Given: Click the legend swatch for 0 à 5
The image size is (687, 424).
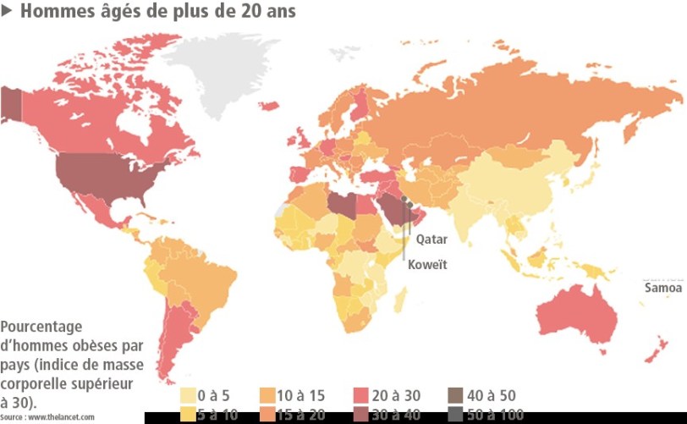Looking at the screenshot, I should pos(188,395).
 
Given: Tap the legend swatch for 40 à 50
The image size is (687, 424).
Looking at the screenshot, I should pos(455,395).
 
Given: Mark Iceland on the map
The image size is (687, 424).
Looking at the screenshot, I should pos(270,106).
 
